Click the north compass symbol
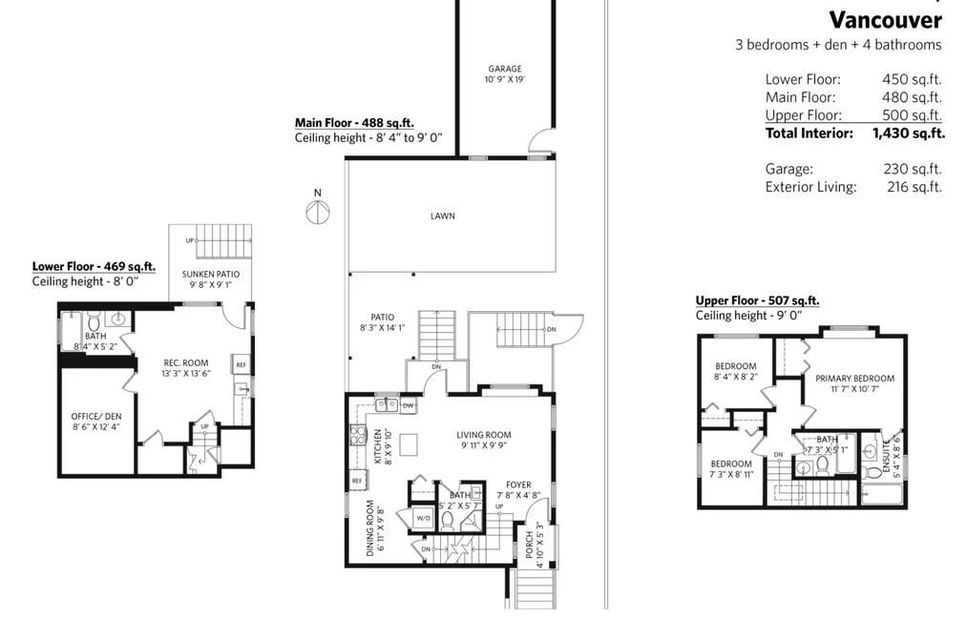coord(318,213)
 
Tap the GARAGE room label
coord(505,69)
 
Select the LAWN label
coord(443,216)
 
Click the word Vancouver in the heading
coord(885,20)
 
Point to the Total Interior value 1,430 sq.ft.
coord(909,133)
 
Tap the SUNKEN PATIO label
coord(211,274)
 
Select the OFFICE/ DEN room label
coord(96,417)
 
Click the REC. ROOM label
coord(185,362)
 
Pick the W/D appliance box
coord(423,518)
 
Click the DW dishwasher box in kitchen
coord(408,405)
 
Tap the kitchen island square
coord(409,444)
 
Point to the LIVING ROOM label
coord(483,435)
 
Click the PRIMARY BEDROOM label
coord(854,378)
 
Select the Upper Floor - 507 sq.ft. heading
coord(757,300)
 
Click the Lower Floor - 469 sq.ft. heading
coord(94,267)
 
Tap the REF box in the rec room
coord(241,364)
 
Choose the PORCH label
coord(529,545)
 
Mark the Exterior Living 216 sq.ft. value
coord(914,187)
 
